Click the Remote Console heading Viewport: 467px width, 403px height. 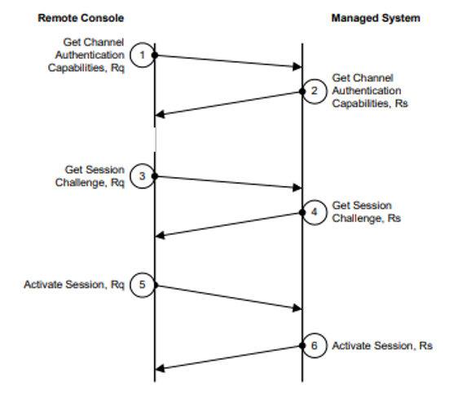point(81,18)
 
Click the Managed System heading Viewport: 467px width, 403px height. point(376,18)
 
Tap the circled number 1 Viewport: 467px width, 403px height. point(143,55)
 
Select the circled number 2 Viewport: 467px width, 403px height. point(315,91)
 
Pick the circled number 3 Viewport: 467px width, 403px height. point(143,176)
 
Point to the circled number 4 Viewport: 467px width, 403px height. point(315,212)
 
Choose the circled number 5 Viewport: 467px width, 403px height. point(143,285)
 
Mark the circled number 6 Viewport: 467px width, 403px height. point(315,346)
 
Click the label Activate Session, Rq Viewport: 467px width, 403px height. point(74,285)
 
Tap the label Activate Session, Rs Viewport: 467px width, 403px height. point(382,346)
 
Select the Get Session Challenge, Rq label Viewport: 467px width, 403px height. point(90,176)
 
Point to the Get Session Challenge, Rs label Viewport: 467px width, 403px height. point(366,212)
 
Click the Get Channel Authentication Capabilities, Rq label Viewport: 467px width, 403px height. point(86,55)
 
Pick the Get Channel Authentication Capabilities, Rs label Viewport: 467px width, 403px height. point(370,91)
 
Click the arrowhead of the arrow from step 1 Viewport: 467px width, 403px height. point(297,67)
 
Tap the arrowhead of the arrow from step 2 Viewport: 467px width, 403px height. point(160,114)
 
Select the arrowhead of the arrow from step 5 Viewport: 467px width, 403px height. point(297,308)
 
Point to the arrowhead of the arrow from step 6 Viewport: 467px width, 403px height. point(160,369)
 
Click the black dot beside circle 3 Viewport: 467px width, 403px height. point(155,176)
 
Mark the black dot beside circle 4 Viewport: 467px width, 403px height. point(302,213)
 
